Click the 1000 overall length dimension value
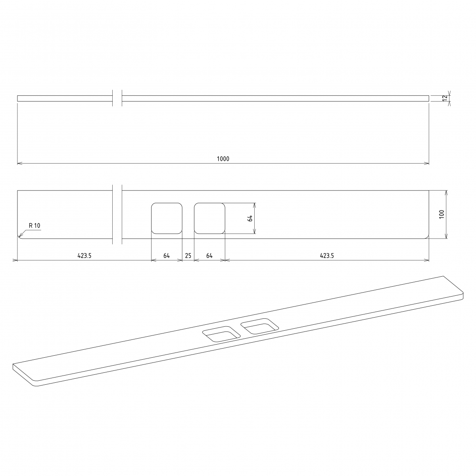click(223, 159)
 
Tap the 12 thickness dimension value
click(445, 98)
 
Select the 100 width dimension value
click(441, 214)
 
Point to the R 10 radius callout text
click(35, 225)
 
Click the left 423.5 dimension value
click(84, 256)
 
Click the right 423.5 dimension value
click(327, 256)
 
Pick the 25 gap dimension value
click(188, 256)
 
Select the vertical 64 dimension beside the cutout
click(250, 218)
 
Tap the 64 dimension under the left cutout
click(167, 256)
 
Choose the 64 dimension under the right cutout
click(209, 256)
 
